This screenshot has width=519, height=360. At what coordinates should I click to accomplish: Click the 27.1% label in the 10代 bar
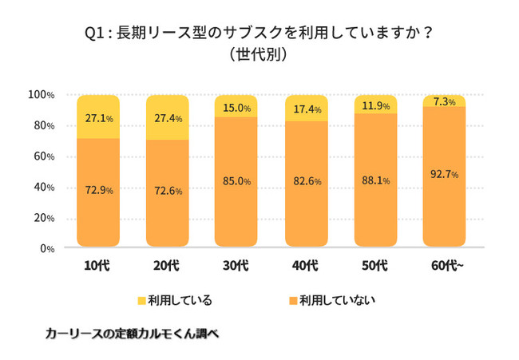[99, 118]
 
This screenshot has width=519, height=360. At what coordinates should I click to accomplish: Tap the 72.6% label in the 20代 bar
[168, 191]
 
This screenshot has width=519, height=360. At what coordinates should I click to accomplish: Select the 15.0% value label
[237, 108]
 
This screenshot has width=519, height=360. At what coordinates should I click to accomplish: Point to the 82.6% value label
[307, 182]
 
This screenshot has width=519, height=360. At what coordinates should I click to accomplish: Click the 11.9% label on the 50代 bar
[375, 105]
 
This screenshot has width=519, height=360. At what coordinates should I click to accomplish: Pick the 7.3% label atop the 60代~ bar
[445, 101]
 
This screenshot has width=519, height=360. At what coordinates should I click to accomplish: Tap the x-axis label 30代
[237, 265]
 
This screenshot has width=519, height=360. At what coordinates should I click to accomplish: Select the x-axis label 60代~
[446, 265]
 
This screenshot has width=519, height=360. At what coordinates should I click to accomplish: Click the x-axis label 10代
[98, 265]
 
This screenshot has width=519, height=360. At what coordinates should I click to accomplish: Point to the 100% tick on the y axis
[41, 95]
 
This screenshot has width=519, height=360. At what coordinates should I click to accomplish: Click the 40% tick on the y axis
[44, 188]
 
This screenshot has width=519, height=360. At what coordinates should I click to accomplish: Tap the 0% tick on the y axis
[46, 249]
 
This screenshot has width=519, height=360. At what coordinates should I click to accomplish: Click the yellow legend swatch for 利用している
[141, 301]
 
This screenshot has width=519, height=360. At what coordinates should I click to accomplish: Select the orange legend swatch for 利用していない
[293, 301]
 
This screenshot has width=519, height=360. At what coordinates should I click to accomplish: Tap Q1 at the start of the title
[95, 34]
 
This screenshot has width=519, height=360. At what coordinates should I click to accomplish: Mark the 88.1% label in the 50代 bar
[375, 181]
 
